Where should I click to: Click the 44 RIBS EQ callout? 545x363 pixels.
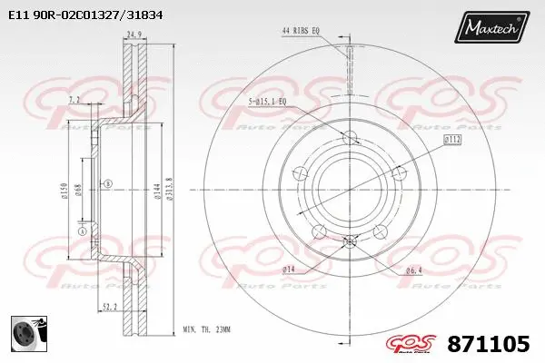pos(301,31)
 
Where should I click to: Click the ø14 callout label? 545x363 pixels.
pos(289,270)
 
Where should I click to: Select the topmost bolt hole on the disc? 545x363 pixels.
pos(350,136)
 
